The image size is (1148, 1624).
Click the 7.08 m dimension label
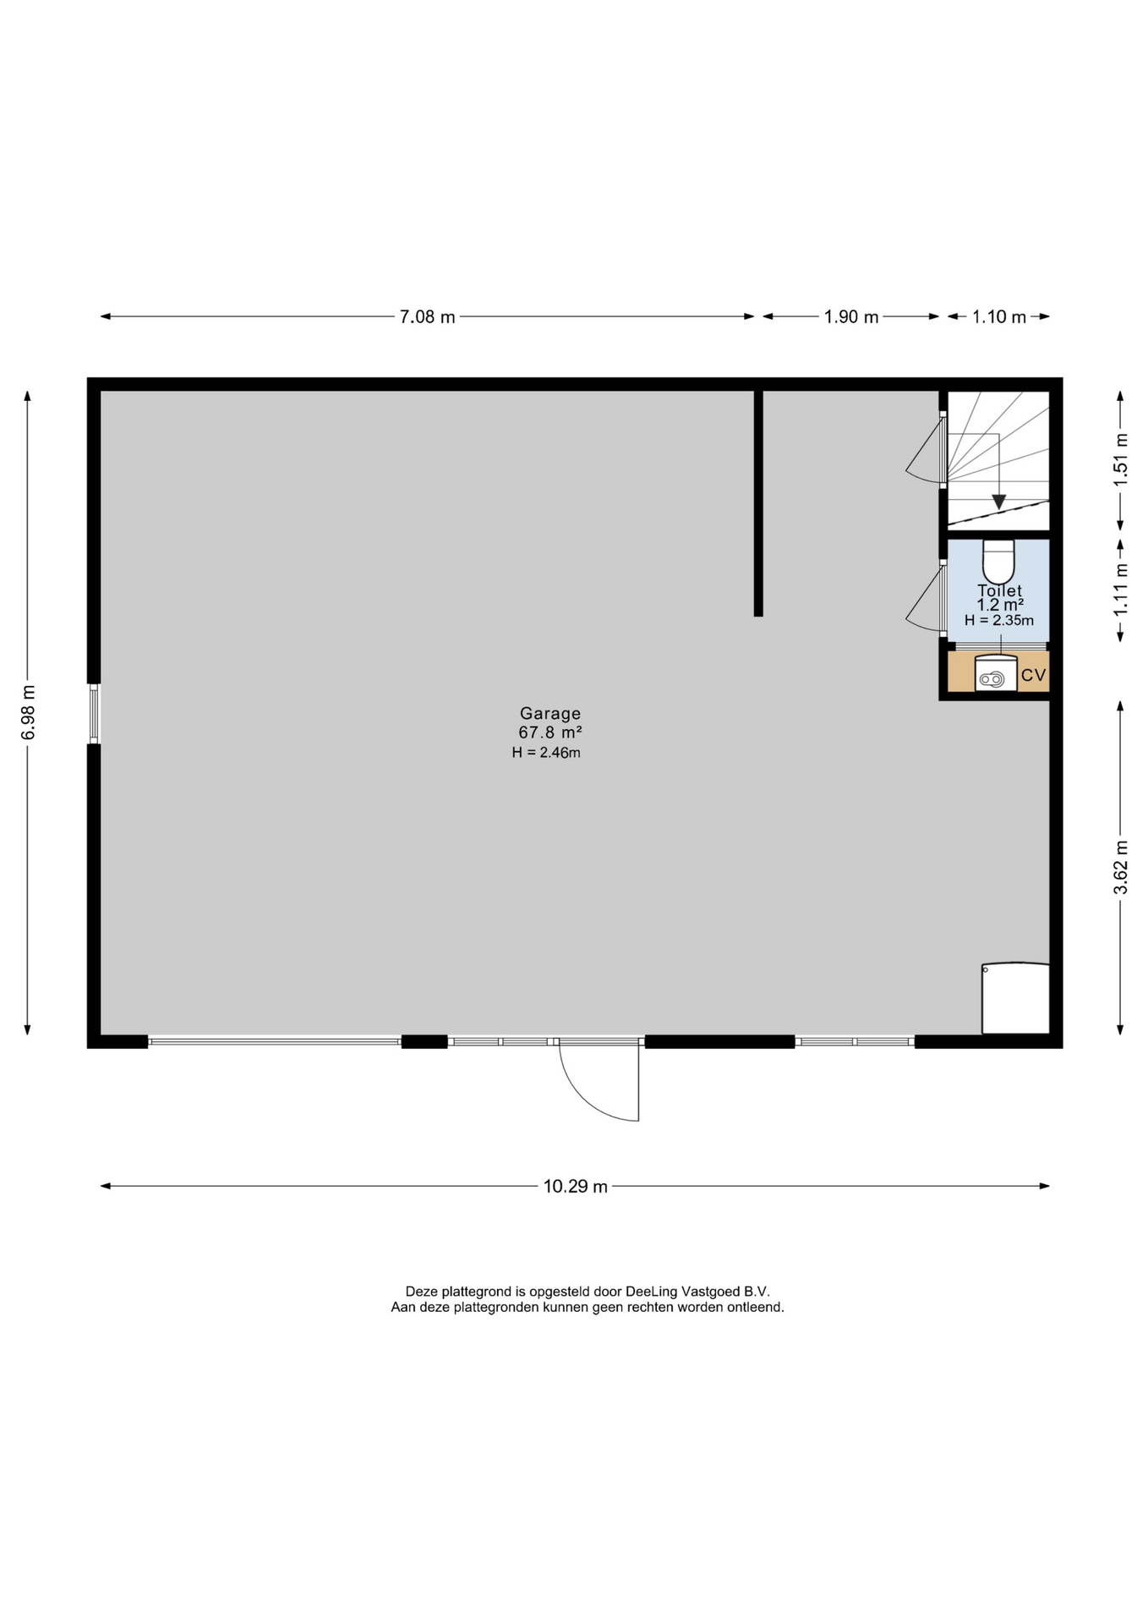tap(427, 317)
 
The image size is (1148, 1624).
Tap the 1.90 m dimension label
tap(851, 317)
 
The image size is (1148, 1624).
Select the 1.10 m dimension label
tap(998, 317)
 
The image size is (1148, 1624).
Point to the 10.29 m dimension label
tap(575, 1187)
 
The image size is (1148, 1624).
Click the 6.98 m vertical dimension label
tap(29, 712)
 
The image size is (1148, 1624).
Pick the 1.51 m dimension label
tap(1121, 460)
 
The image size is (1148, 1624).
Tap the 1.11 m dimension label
tap(1121, 590)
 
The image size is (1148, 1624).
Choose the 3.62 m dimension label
tap(1121, 866)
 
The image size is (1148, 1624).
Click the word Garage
tap(550, 714)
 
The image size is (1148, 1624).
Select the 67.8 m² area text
tap(550, 732)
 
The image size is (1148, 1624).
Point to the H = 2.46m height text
tap(546, 752)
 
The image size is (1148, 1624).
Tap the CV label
tap(1033, 675)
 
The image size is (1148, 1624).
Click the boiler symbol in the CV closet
tap(995, 674)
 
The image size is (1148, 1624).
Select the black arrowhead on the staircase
tap(998, 501)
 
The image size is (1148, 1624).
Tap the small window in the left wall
tap(94, 714)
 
